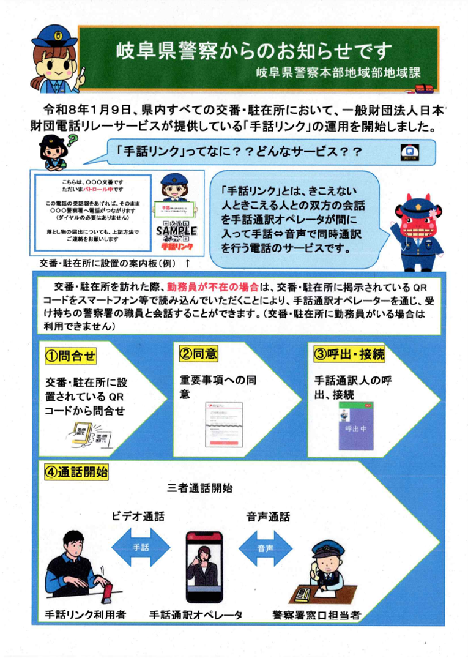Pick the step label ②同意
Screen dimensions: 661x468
pyautogui.click(x=198, y=354)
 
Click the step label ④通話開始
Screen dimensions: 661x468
pyautogui.click(x=76, y=472)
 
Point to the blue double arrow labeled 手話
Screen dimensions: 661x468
pyautogui.click(x=141, y=547)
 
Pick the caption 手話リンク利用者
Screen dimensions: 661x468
pyautogui.click(x=86, y=614)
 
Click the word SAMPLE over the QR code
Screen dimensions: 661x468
pyautogui.click(x=176, y=231)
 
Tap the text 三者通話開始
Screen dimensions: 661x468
pyautogui.click(x=199, y=489)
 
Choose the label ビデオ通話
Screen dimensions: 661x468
pyautogui.click(x=138, y=517)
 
